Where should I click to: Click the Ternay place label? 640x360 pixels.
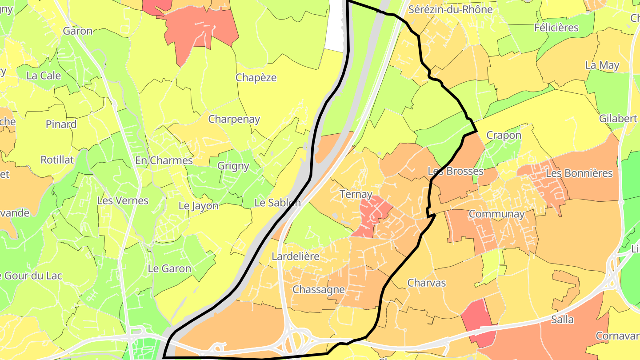pos(356,194)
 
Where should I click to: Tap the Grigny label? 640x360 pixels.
pos(233,166)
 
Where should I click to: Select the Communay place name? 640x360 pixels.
pos(497,214)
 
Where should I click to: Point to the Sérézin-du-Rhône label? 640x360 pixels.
pos(451,9)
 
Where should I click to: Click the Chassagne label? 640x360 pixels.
pos(319,290)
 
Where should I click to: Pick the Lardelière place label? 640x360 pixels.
pos(296,257)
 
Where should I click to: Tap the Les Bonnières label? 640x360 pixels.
pos(579,173)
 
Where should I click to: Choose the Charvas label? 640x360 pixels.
pos(426,283)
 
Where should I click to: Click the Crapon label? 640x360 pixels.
pos(504,135)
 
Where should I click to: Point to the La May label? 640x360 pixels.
pos(602,65)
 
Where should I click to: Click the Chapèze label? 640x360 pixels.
pos(256,78)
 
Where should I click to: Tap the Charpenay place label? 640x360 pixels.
pos(234,120)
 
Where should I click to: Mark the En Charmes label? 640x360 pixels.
pos(164,160)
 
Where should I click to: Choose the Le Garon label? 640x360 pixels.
pos(169,269)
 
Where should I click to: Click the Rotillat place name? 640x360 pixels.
pos(57,160)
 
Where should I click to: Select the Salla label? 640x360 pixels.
pos(562,320)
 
